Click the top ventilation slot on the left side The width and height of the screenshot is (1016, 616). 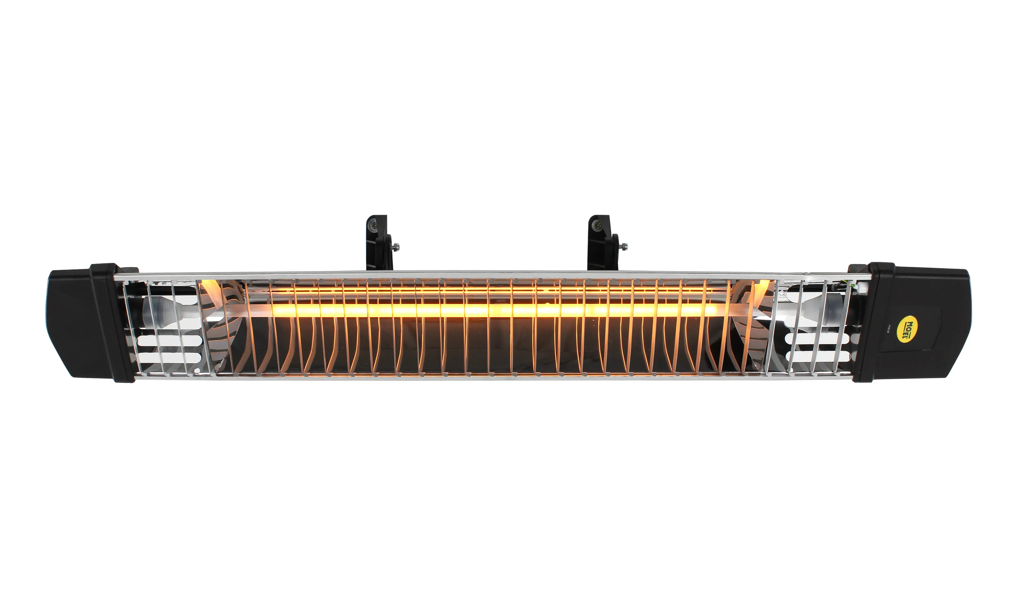(x=169, y=330)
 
